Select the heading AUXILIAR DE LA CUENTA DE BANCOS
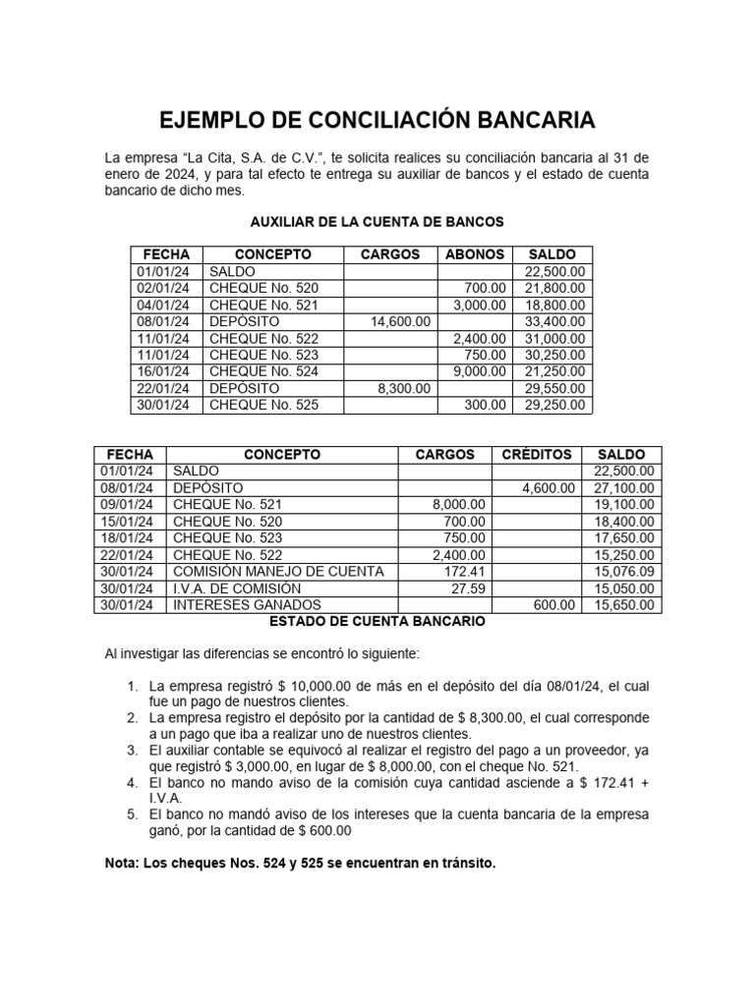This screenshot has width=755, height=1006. pyautogui.click(x=377, y=222)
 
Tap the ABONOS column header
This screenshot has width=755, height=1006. pyautogui.click(x=475, y=254)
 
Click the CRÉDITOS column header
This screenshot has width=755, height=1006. pyautogui.click(x=537, y=455)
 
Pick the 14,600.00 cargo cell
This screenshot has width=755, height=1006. pyautogui.click(x=400, y=321)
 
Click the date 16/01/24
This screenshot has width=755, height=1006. pyautogui.click(x=164, y=371)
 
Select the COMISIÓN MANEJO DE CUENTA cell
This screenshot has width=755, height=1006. pyautogui.click(x=278, y=572)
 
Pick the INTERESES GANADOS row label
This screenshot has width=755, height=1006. pyautogui.click(x=247, y=605)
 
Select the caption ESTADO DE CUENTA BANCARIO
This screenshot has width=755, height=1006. pyautogui.click(x=377, y=622)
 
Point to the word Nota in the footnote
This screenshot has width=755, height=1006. pyautogui.click(x=121, y=864)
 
